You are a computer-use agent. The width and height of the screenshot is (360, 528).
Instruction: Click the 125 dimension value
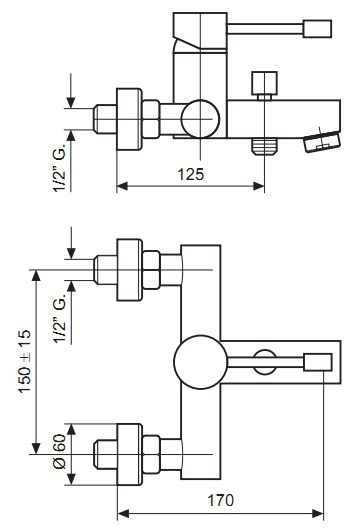[191, 174]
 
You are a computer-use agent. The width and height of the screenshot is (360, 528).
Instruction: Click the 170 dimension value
[221, 500]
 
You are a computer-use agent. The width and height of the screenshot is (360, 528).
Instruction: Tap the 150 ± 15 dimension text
[24, 361]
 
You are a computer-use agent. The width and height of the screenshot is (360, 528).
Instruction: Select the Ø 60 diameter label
[60, 452]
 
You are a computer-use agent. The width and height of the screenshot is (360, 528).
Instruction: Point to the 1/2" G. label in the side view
[60, 169]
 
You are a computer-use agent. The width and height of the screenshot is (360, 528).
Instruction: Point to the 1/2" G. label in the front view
[60, 320]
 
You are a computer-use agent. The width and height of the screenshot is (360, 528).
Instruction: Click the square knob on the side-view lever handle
[317, 29]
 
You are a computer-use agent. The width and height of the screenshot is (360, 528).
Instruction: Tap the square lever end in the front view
[318, 362]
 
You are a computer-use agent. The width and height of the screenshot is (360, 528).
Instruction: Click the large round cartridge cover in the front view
[201, 362]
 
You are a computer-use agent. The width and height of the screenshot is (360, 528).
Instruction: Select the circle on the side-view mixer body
[200, 119]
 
